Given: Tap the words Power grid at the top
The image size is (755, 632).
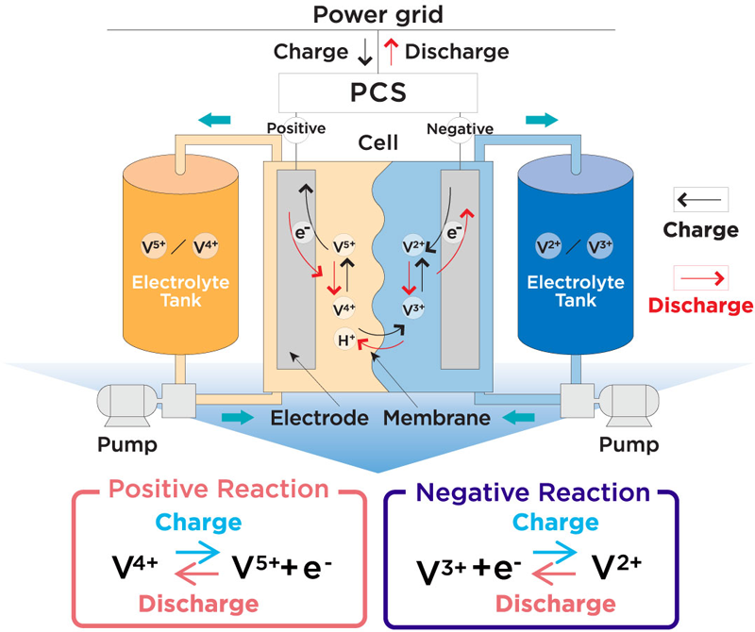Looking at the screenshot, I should pos(377,14).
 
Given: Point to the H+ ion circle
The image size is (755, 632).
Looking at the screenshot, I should pos(347,341).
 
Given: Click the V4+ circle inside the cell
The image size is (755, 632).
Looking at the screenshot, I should pos(345,308).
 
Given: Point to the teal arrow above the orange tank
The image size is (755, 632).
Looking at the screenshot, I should pos(214,120).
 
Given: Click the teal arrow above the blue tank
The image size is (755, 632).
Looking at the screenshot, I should pos(541,120).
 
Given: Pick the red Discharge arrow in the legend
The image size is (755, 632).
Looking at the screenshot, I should pos(700,277).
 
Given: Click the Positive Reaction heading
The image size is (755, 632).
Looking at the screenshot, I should pos(219,491).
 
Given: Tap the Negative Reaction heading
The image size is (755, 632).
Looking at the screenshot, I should pos(533,492).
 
